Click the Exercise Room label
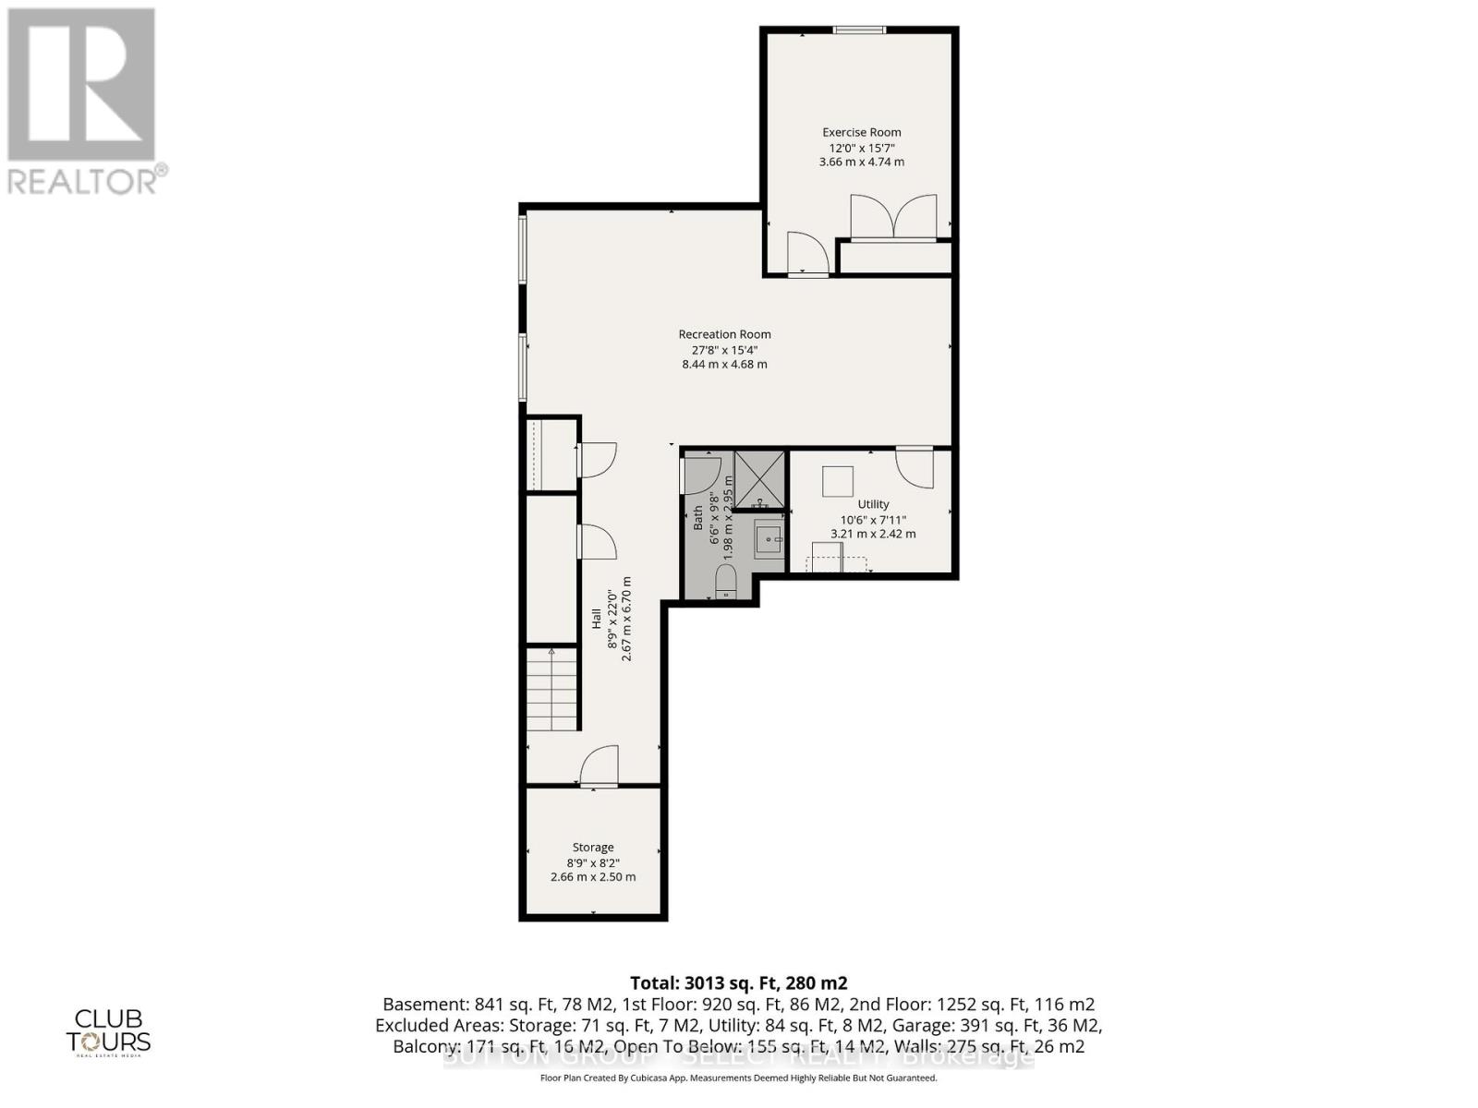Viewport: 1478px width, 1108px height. pos(861,132)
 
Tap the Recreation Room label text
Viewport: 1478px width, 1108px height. pos(724,334)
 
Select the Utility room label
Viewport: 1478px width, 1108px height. pos(873,504)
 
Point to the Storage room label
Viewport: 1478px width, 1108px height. pos(593,847)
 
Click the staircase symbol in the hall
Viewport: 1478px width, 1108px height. pos(551,690)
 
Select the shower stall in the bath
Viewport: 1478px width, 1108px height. pos(759,479)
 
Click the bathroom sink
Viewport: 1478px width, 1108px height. pos(769,538)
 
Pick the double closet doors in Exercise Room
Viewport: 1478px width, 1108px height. pos(893,218)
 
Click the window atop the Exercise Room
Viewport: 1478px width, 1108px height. pos(859,30)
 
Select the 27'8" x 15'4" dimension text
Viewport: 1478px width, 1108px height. pos(724,350)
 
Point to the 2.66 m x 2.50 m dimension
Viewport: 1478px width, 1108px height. pos(593,877)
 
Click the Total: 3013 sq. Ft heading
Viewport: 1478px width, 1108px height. pos(738,983)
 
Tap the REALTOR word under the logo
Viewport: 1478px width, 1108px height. pos(81,181)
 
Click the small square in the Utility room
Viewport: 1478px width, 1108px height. pos(838,481)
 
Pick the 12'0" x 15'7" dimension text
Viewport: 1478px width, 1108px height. pos(861,148)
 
